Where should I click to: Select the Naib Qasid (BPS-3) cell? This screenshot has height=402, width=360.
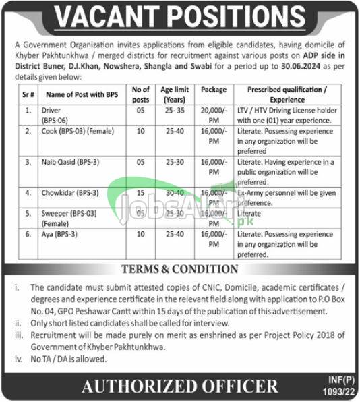click(66, 163)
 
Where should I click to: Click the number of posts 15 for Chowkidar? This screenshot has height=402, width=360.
click(141, 192)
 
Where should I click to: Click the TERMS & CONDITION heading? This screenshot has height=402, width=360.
click(180, 270)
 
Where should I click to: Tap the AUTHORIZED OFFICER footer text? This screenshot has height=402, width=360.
click(180, 386)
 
